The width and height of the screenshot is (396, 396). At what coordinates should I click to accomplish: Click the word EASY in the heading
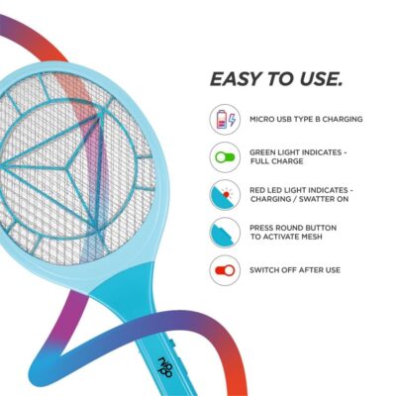[235, 79]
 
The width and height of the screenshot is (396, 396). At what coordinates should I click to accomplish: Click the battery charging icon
[225, 120]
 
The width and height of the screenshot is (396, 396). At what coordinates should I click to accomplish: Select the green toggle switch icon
[225, 157]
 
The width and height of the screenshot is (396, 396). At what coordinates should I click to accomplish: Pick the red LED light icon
[225, 195]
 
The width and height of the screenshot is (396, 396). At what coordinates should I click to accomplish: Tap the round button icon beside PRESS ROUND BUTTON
[225, 233]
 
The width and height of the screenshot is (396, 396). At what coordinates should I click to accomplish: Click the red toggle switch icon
[225, 270]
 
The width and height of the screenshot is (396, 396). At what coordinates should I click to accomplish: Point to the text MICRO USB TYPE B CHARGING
[306, 119]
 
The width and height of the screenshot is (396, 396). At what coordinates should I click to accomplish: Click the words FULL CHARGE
[277, 161]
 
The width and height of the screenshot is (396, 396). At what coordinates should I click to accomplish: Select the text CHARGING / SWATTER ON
[299, 199]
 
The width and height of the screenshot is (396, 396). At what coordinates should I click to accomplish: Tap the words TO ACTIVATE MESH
[286, 237]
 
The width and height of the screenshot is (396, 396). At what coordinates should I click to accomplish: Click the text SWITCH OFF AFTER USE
[295, 270]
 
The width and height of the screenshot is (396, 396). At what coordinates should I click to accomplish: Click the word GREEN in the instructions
[262, 152]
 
